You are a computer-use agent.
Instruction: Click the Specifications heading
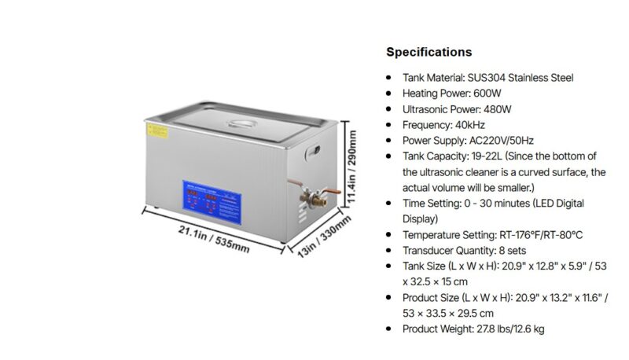pos(429,53)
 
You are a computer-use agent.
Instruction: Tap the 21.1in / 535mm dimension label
pos(214,240)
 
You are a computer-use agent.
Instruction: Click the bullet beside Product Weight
pos(391,329)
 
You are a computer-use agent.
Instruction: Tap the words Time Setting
pos(430,204)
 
